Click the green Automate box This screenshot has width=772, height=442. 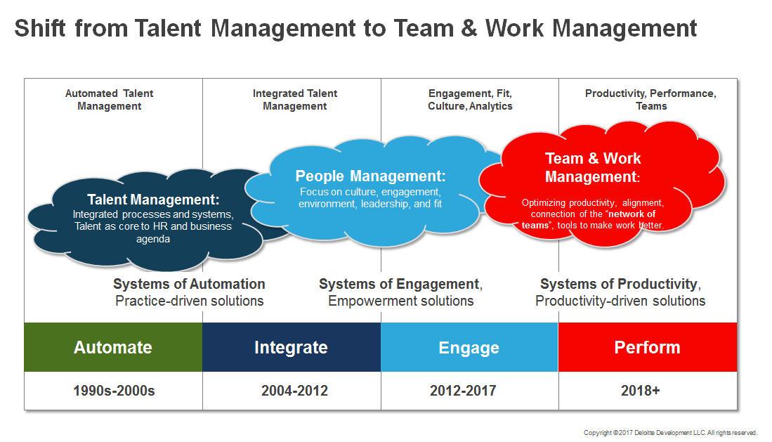113,347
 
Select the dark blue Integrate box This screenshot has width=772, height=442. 292,347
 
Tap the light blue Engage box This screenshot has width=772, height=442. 469,347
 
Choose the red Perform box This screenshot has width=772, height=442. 648,347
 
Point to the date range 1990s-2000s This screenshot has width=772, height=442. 114,391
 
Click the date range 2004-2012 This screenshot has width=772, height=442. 294,391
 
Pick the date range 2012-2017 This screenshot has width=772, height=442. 463,391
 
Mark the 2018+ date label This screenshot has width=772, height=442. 640,391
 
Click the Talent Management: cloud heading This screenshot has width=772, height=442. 153,200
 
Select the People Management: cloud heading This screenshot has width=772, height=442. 370,176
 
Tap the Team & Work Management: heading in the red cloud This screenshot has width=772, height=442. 593,167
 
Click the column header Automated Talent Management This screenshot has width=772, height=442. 110,100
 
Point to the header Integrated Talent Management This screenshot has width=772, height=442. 295,100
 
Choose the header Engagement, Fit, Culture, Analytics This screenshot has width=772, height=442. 470,100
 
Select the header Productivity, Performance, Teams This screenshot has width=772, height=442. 651,100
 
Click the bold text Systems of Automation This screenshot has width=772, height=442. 189,284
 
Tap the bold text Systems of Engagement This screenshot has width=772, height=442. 399,284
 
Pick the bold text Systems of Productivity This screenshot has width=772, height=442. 619,284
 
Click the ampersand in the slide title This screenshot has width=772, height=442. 469,28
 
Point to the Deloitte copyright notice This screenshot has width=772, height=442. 671,433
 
